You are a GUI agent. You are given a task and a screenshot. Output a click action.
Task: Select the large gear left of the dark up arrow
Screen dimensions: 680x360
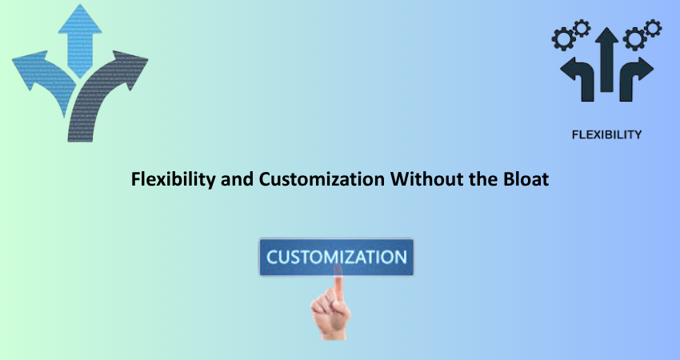pos(563,39)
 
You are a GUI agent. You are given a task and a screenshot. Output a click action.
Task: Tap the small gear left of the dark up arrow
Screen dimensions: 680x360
pos(582,28)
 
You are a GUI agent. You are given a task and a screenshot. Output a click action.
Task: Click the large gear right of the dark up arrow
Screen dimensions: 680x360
pos(634,39)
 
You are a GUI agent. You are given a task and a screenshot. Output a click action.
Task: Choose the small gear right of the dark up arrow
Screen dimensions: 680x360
pos(653,28)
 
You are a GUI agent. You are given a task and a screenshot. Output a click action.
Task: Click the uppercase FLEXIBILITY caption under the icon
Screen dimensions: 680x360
pos(606,135)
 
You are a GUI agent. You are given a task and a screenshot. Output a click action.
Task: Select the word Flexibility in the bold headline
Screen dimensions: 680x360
pos(173,179)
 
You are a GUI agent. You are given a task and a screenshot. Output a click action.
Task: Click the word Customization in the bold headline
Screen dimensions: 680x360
pos(322,179)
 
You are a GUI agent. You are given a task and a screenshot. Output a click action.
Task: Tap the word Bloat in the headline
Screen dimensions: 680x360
pos(526,179)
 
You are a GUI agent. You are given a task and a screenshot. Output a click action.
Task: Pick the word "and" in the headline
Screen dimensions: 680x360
pos(238,179)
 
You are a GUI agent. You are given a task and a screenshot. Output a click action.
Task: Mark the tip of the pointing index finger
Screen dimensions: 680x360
pos(338,266)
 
